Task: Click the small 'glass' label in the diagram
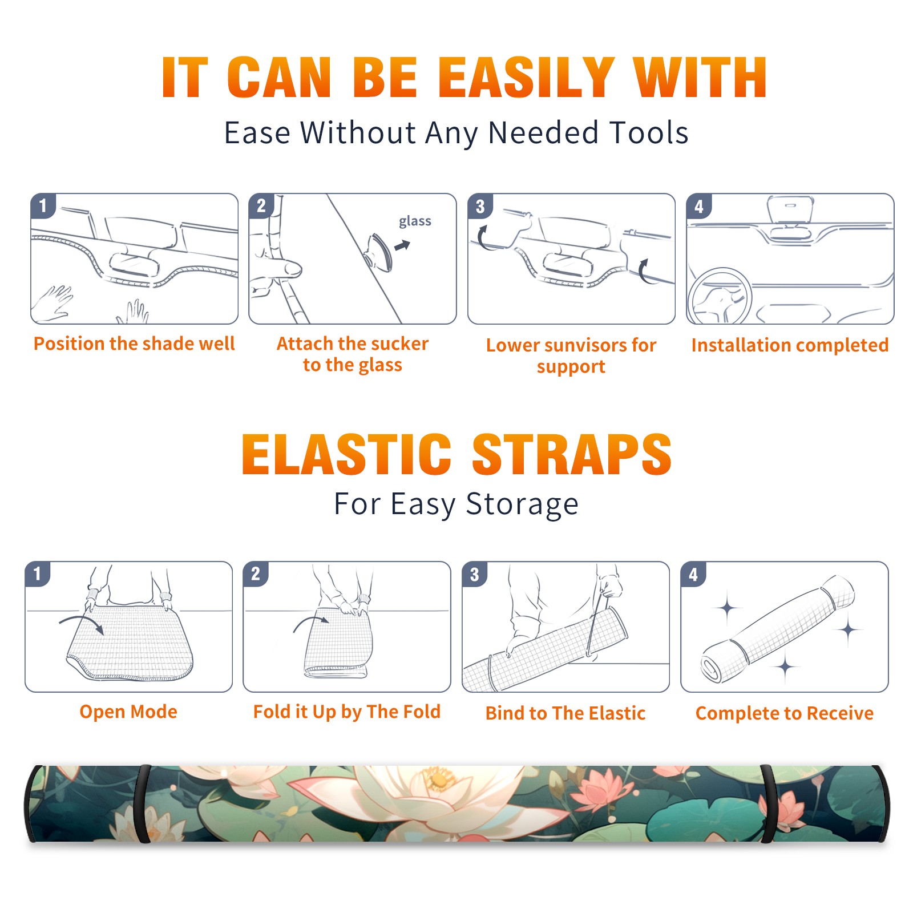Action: [415, 221]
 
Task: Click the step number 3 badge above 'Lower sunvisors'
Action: [480, 206]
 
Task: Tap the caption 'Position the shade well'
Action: [134, 344]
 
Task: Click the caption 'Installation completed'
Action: [790, 345]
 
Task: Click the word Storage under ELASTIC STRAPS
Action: [522, 504]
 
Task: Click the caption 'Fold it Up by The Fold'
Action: [347, 712]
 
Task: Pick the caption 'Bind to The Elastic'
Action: [565, 713]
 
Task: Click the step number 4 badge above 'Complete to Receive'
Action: [693, 574]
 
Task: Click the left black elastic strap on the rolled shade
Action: [143, 803]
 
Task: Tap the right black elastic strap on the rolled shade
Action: [767, 803]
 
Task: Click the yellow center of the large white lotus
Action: [438, 778]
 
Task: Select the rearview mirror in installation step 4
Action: [790, 211]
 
